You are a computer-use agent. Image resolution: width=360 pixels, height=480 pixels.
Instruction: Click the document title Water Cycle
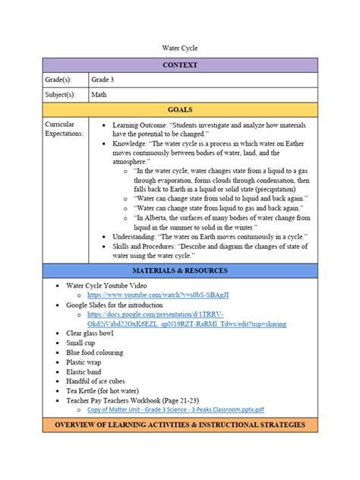coord(180,48)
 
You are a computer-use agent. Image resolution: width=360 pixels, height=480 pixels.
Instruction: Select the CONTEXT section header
coord(180,65)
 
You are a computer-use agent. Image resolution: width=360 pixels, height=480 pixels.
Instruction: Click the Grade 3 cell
coord(105,80)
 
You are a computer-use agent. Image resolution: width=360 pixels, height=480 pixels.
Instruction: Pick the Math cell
coord(99,96)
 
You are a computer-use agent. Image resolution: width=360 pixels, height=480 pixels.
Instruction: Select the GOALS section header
coord(180,110)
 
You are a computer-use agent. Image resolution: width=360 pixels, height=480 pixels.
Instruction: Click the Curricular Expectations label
coord(64,128)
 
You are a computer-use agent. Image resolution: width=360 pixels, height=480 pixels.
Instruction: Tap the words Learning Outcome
coord(141,124)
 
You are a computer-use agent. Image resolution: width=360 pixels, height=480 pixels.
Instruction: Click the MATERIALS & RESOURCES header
coord(180,270)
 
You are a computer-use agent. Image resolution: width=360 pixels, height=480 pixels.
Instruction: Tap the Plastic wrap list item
coord(86,362)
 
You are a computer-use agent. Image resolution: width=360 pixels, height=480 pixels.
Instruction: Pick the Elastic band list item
coord(87,372)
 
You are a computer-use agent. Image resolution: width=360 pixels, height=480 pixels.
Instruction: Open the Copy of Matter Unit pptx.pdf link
coord(175,409)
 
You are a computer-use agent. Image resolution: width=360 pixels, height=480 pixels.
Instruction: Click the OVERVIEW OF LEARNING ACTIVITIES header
coord(180,425)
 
